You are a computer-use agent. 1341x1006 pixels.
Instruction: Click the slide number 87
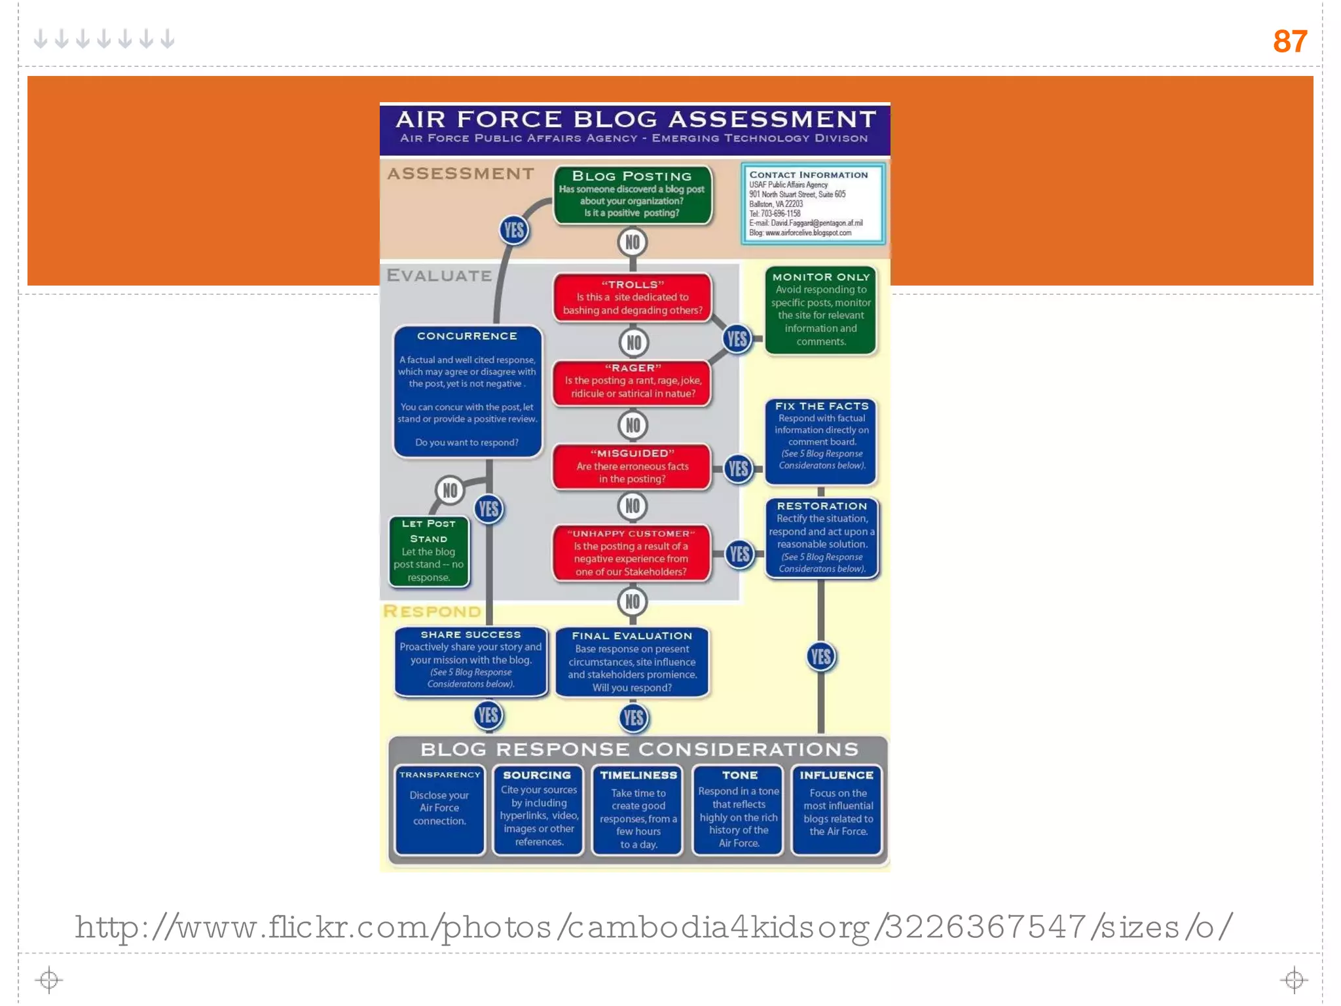[x=1289, y=41]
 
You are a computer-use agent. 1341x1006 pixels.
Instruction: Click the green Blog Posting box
[x=632, y=195]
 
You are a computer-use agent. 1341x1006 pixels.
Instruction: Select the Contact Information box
[x=813, y=204]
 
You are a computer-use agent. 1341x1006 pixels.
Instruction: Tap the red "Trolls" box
[x=633, y=298]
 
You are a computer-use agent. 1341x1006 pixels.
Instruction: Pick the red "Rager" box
[x=633, y=382]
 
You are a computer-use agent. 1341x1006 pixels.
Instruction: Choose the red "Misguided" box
[x=633, y=466]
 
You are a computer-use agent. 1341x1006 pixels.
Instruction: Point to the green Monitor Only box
[x=820, y=310]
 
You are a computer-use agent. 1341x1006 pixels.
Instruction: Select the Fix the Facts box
[x=821, y=441]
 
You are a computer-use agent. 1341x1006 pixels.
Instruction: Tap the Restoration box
[x=822, y=538]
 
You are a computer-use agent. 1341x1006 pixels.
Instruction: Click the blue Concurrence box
[x=468, y=391]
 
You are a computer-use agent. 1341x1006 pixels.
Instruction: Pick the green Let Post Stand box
[x=429, y=551]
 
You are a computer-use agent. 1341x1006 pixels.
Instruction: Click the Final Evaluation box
[x=632, y=661]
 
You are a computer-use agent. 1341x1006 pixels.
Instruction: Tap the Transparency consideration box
[x=439, y=810]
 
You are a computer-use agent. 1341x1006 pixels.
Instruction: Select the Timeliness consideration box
[x=638, y=810]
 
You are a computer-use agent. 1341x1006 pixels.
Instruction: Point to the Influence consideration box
[x=837, y=810]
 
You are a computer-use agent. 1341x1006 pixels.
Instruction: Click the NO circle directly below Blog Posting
[x=633, y=242]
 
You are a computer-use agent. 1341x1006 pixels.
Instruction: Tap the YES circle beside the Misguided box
[x=739, y=469]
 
